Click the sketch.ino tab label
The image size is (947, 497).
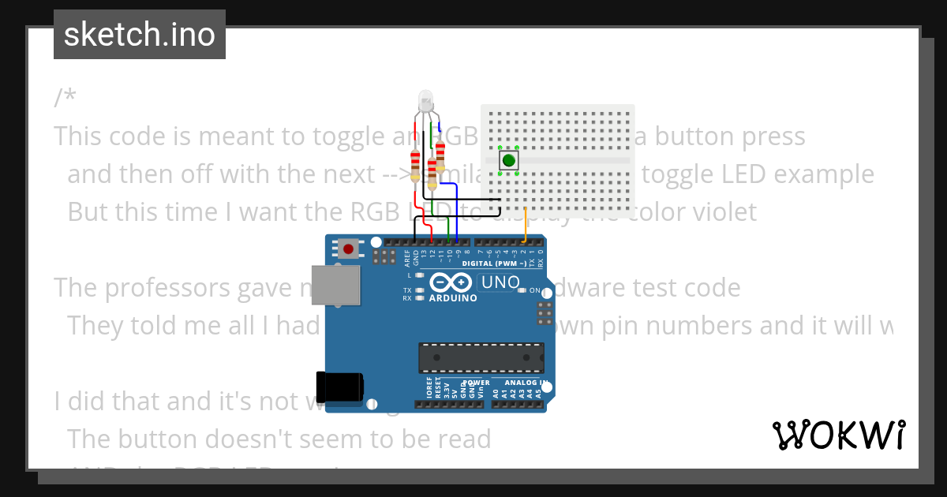(x=139, y=35)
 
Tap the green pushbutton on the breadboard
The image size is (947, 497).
(x=509, y=160)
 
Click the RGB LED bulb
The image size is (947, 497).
(x=426, y=101)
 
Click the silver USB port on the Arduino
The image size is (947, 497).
(x=336, y=284)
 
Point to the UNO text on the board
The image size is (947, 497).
(x=500, y=282)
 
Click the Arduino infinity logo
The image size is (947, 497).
(x=453, y=282)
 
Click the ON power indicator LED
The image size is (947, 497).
(x=522, y=290)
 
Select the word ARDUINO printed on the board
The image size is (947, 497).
(x=453, y=298)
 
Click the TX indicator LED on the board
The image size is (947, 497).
(x=420, y=290)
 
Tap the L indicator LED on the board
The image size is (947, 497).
(x=420, y=275)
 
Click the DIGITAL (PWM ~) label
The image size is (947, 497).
(x=494, y=263)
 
